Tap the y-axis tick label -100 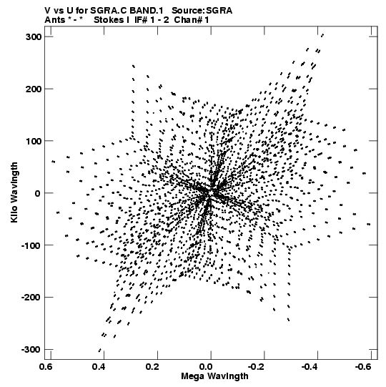[x=31, y=245]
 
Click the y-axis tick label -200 [x=31, y=298]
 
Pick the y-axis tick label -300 [x=31, y=350]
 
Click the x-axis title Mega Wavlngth [x=214, y=377]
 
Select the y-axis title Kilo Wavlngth [x=14, y=192]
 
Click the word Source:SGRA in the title [x=202, y=11]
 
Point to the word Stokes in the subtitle [x=109, y=20]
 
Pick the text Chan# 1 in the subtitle [x=192, y=20]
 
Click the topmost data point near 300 [x=322, y=35]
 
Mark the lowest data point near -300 [x=100, y=351]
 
